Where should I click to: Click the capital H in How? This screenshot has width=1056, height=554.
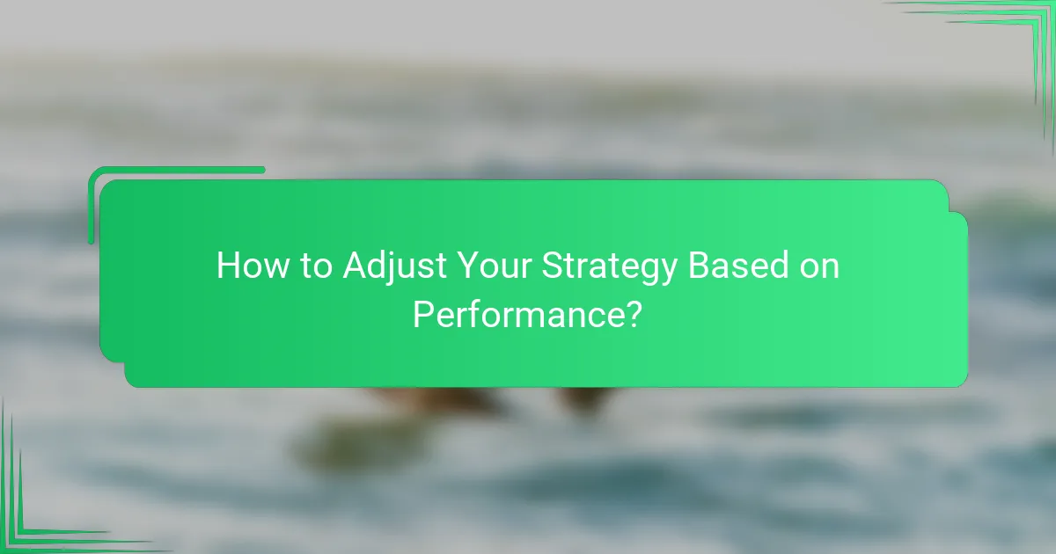[x=227, y=266]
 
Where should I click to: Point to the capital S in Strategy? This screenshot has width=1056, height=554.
[x=553, y=266]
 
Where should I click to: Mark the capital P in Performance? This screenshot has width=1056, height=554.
[x=422, y=313]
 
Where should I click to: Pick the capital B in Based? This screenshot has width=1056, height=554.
[x=699, y=266]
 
